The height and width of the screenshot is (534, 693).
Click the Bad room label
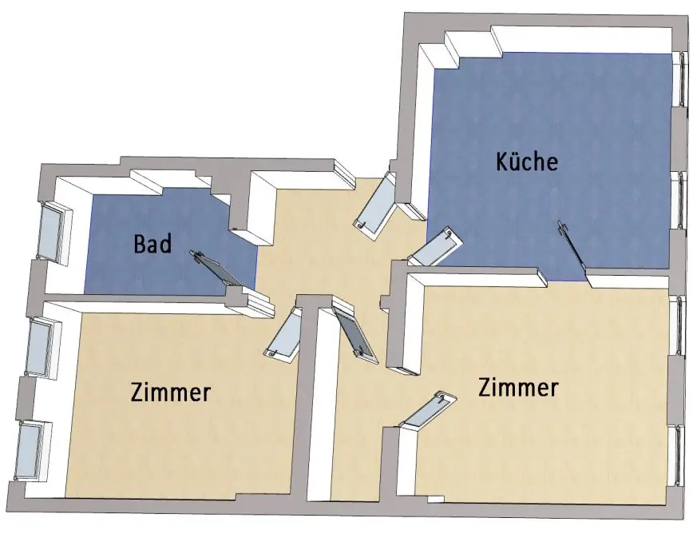point(152,244)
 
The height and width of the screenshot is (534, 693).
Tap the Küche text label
point(526,161)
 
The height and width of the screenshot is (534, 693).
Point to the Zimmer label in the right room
point(518,389)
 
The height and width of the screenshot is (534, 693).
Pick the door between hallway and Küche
point(435,247)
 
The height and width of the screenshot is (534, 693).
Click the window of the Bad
point(54,232)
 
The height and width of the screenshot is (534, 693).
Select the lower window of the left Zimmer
point(31,449)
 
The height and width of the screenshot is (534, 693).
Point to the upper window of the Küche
point(681,78)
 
